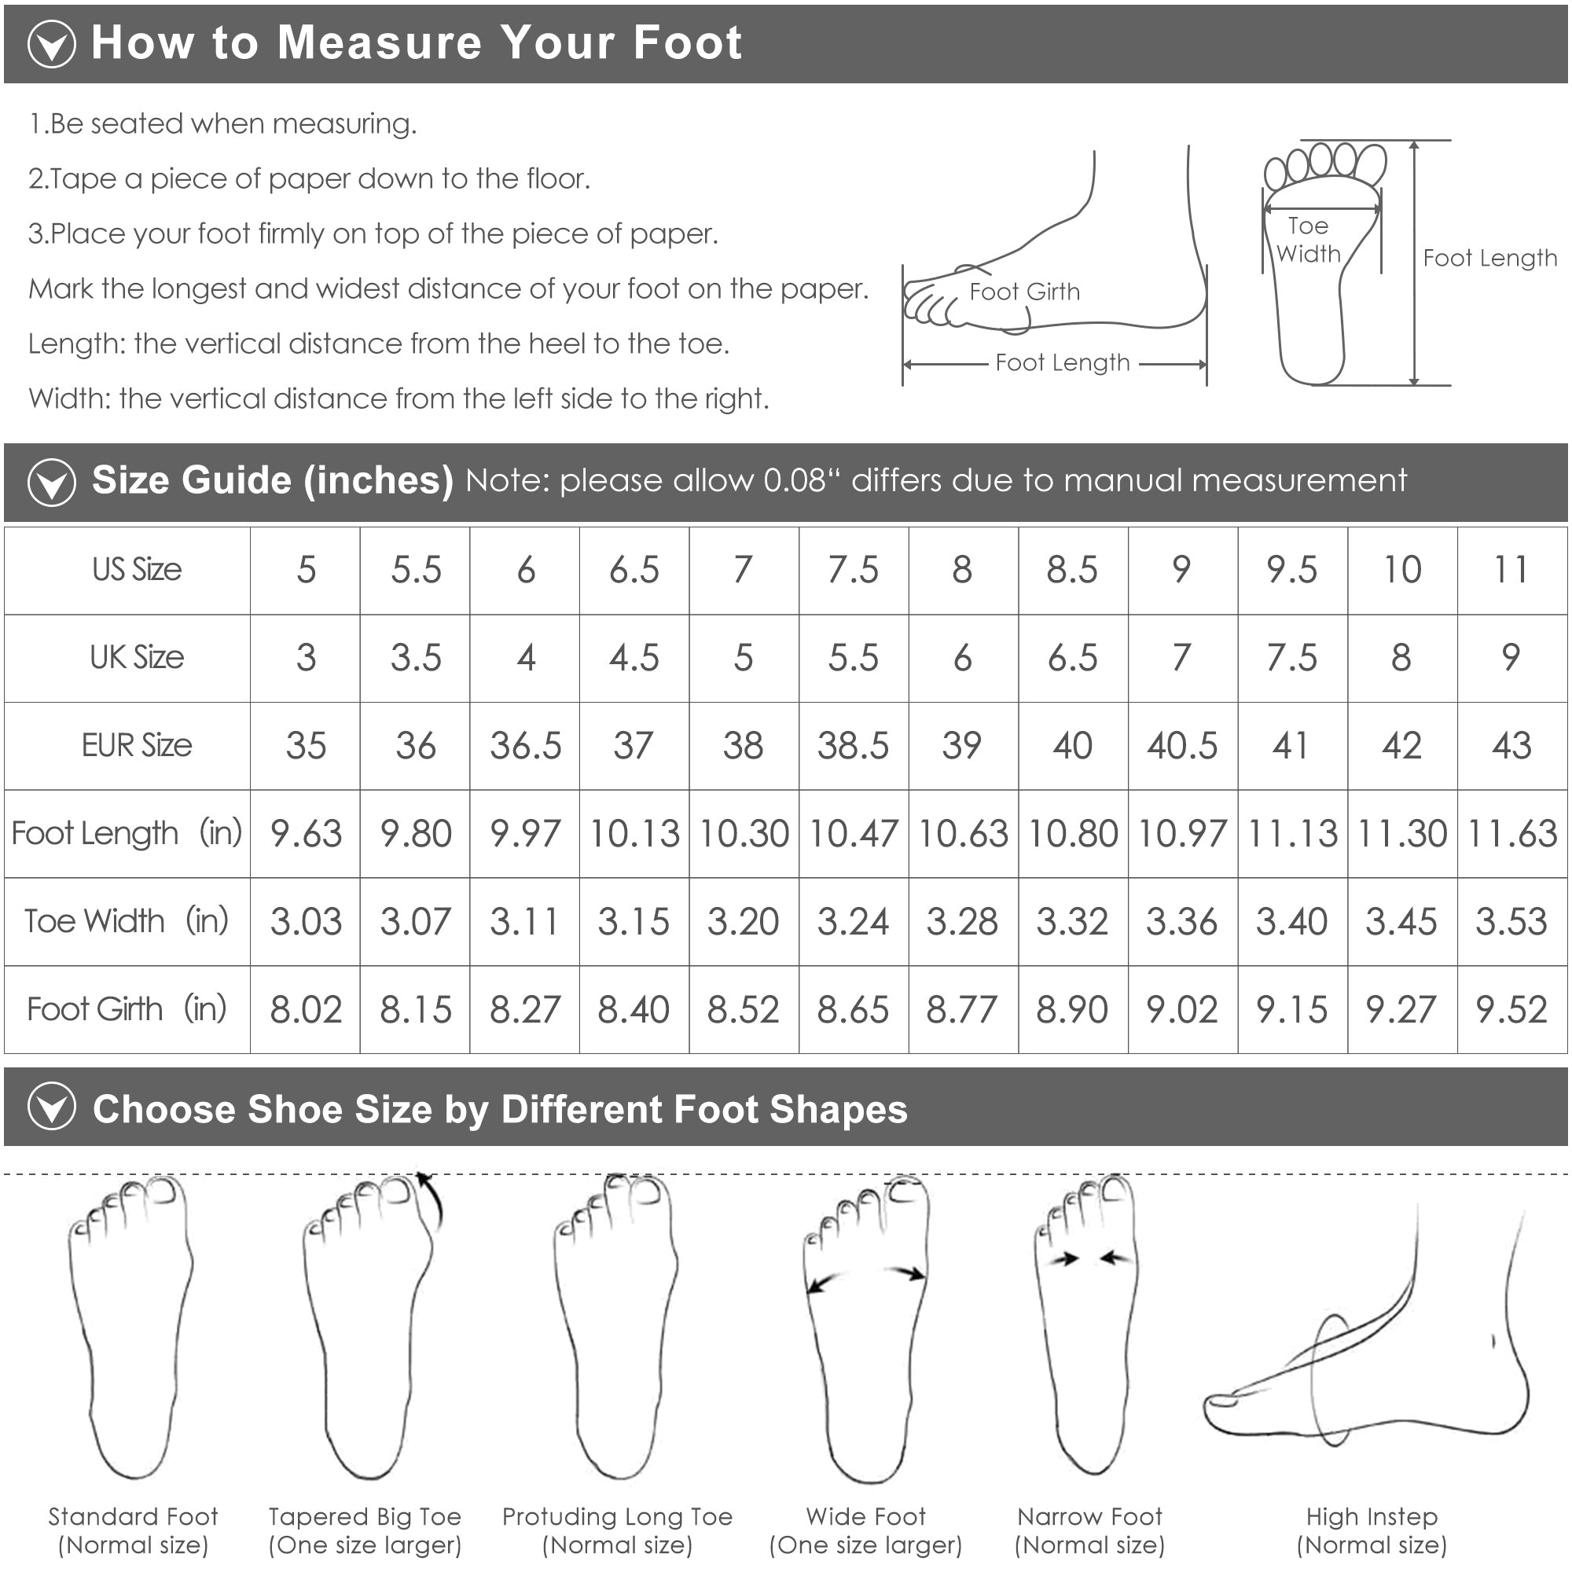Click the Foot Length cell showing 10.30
click(744, 833)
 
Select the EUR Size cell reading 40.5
click(1182, 745)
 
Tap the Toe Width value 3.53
click(1511, 921)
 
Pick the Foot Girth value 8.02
click(306, 1010)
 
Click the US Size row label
click(137, 570)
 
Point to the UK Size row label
click(137, 657)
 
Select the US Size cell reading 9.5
click(1291, 570)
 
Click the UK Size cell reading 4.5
click(634, 657)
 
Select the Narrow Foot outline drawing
click(1087, 1326)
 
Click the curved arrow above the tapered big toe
click(432, 1199)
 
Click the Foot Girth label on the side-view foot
click(1024, 292)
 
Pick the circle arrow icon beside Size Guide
click(52, 482)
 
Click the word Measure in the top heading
click(379, 42)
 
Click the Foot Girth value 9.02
click(1182, 1010)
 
